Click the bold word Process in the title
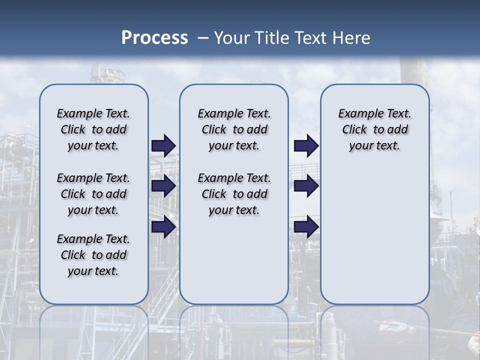click(x=154, y=38)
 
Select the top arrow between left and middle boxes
click(x=163, y=145)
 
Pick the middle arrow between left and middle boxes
click(x=163, y=186)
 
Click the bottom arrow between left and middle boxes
click(x=163, y=227)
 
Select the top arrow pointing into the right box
click(x=306, y=145)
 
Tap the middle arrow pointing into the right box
click(x=306, y=186)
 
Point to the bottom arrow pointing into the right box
click(x=306, y=227)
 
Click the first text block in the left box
click(x=93, y=129)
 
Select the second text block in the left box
click(x=93, y=194)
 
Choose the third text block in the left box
click(x=93, y=255)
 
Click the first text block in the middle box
click(x=234, y=129)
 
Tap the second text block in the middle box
click(x=234, y=194)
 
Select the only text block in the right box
click(x=375, y=129)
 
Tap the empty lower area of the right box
click(x=375, y=240)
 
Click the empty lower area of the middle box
click(x=234, y=260)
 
